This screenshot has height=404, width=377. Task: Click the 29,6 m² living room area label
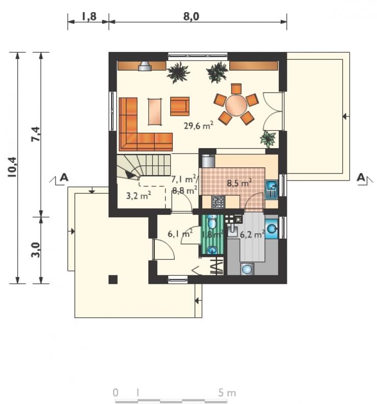(199, 125)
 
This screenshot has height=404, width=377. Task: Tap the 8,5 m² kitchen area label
(239, 183)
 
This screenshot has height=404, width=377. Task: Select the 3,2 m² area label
(139, 195)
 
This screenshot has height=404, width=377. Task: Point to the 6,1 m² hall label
(180, 234)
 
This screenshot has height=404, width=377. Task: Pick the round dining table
(236, 105)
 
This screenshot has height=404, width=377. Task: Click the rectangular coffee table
(155, 112)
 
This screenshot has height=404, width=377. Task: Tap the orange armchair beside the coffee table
(180, 106)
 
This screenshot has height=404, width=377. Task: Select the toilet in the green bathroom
(212, 222)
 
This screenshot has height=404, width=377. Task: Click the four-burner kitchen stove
(219, 201)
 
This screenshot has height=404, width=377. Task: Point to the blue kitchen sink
(271, 189)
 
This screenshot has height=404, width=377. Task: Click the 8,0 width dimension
(191, 16)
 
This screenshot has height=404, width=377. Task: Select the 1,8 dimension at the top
(89, 16)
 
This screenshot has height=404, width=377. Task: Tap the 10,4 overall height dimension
(12, 167)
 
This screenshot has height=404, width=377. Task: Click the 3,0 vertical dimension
(36, 250)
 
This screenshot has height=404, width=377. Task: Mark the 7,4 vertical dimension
(36, 134)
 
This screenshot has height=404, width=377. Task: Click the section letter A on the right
(361, 177)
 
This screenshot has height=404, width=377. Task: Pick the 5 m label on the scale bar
(227, 393)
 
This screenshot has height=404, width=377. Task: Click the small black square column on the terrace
(113, 279)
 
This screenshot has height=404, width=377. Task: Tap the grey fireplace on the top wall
(145, 66)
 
